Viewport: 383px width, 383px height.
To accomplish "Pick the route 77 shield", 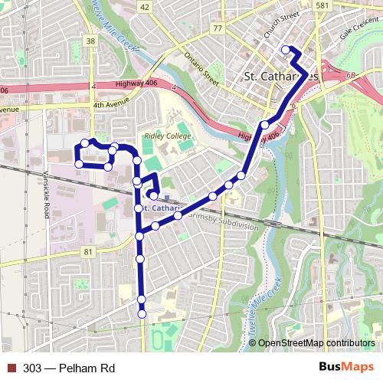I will (x=218, y=28).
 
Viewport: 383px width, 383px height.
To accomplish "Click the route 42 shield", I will (x=145, y=6).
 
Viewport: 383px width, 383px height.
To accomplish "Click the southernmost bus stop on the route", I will (x=142, y=313).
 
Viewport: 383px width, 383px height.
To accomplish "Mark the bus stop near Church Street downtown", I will (x=286, y=51).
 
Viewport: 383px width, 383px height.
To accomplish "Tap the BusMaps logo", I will (x=346, y=368).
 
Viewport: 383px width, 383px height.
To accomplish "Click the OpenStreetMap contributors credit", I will (x=317, y=343).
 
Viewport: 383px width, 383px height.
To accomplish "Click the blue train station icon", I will (x=165, y=198).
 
